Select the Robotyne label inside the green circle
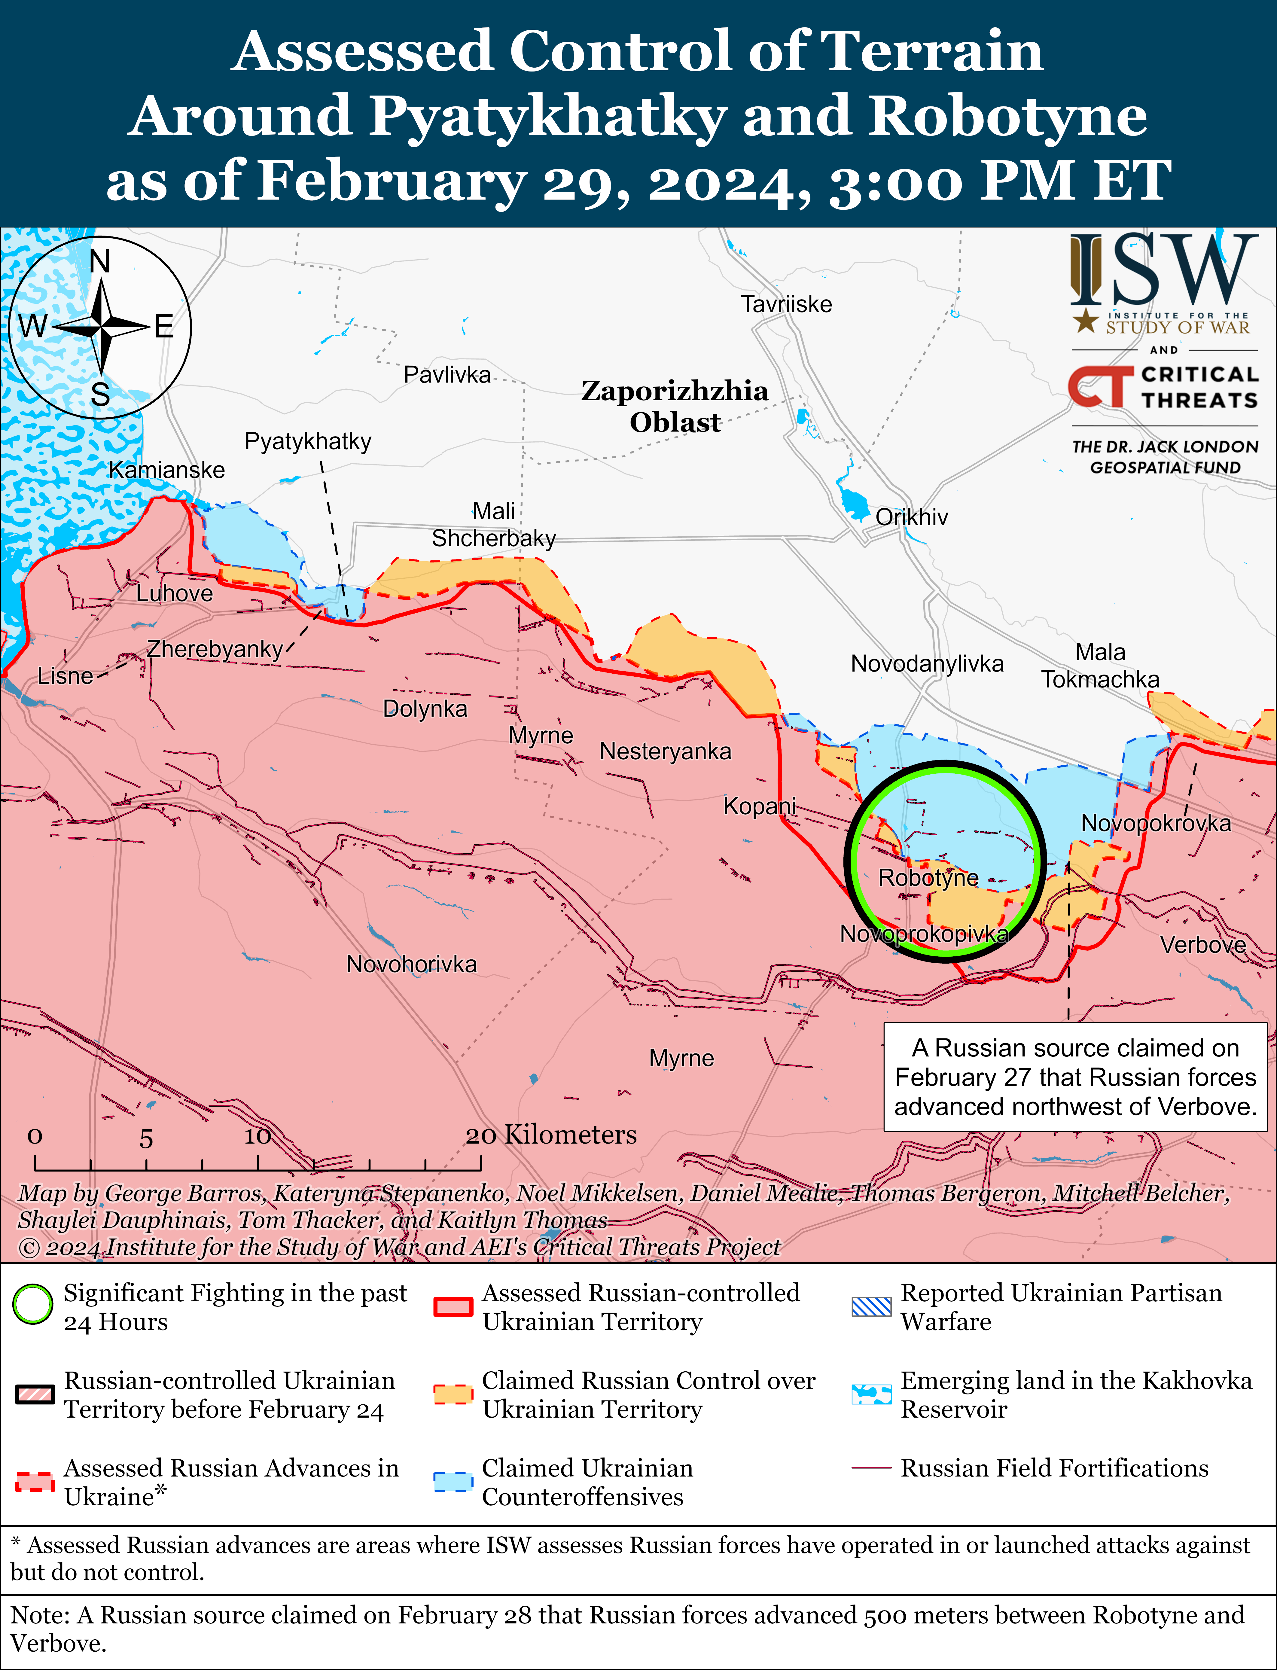[x=928, y=878]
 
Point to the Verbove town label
[x=1202, y=945]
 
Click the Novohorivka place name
[x=411, y=965]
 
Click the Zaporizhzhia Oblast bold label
[x=674, y=406]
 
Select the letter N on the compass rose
[x=99, y=261]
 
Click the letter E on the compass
[x=164, y=327]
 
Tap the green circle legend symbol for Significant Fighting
[x=33, y=1304]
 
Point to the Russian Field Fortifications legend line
[x=871, y=1468]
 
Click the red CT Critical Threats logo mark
[x=1096, y=387]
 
